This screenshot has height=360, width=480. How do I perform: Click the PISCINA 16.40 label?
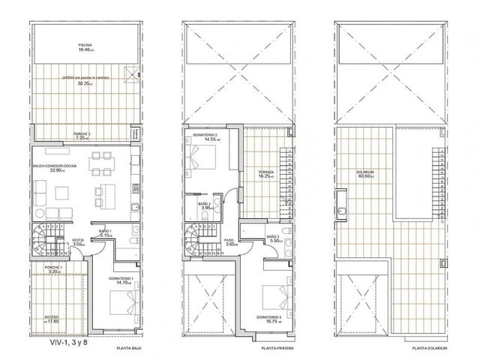pos(86,47)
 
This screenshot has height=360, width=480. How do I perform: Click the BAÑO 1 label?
pos(106,232)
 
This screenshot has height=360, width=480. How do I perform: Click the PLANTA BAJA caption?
pos(130,349)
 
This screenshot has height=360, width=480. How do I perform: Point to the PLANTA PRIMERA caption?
pos(276,349)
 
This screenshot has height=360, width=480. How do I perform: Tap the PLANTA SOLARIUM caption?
pos(430,349)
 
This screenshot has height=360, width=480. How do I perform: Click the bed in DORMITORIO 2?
pos(202,160)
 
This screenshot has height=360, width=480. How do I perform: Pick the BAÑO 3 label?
pos(274,239)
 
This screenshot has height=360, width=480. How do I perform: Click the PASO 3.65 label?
pos(230,243)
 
